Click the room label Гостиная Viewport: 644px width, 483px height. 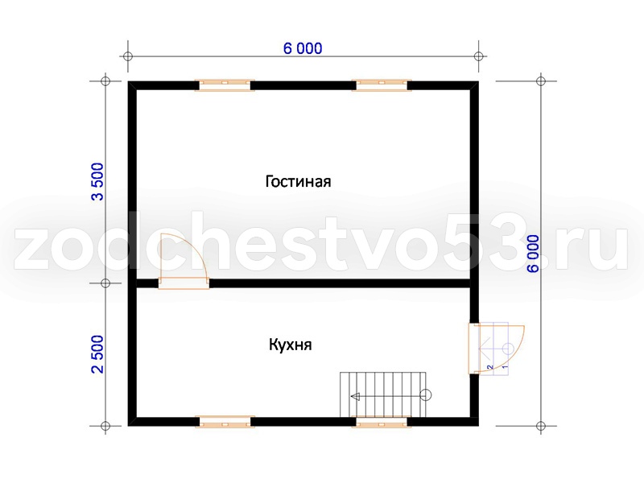coord(298,181)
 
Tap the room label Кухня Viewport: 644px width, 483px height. coord(291,345)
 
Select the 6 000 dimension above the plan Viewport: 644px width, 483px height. coord(303,48)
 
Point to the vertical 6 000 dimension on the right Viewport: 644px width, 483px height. coord(533,254)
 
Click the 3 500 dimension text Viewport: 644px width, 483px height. coord(97,182)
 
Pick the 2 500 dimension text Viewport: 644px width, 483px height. coord(97,354)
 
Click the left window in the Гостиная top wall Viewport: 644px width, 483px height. coord(225,85)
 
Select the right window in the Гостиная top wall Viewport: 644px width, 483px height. coord(382,85)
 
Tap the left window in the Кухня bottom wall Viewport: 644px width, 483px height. coord(225,422)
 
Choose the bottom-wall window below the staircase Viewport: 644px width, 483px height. coord(382,422)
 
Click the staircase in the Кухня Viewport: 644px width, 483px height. coord(383,394)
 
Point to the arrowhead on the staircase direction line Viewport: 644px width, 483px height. coord(355,396)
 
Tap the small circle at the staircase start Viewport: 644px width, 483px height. coord(426,395)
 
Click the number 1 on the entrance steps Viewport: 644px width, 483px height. coord(506,366)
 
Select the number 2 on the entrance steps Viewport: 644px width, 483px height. coord(489,367)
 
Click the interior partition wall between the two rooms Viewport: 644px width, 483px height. coord(340,283)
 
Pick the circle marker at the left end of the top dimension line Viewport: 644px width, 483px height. coord(128,56)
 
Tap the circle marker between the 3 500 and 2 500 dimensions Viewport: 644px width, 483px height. coord(105,283)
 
